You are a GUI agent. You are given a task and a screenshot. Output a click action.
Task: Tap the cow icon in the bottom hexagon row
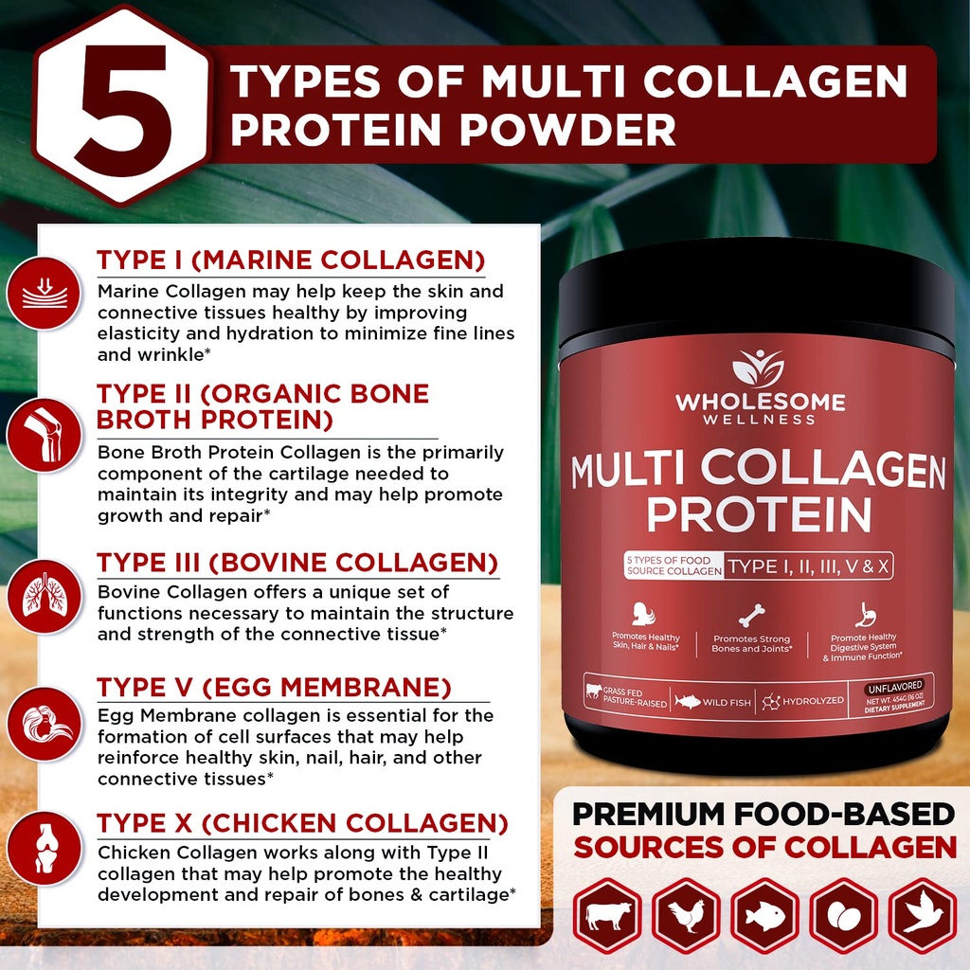coord(607,915)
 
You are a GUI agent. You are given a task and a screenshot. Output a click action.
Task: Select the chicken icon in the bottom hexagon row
coord(686,915)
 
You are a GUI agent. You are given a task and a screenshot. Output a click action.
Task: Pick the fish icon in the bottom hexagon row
coord(765,915)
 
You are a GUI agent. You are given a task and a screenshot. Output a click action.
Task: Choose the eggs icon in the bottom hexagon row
coord(843,915)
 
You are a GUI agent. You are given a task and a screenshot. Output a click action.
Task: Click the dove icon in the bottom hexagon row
coord(922,915)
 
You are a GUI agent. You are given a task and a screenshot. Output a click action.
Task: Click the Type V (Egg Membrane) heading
coord(274,687)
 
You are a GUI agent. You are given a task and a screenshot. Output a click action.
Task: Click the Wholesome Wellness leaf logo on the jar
coord(759,368)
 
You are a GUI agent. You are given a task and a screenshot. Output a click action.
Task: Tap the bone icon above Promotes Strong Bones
coord(752,616)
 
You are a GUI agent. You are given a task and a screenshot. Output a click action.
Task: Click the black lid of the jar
coord(756,294)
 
